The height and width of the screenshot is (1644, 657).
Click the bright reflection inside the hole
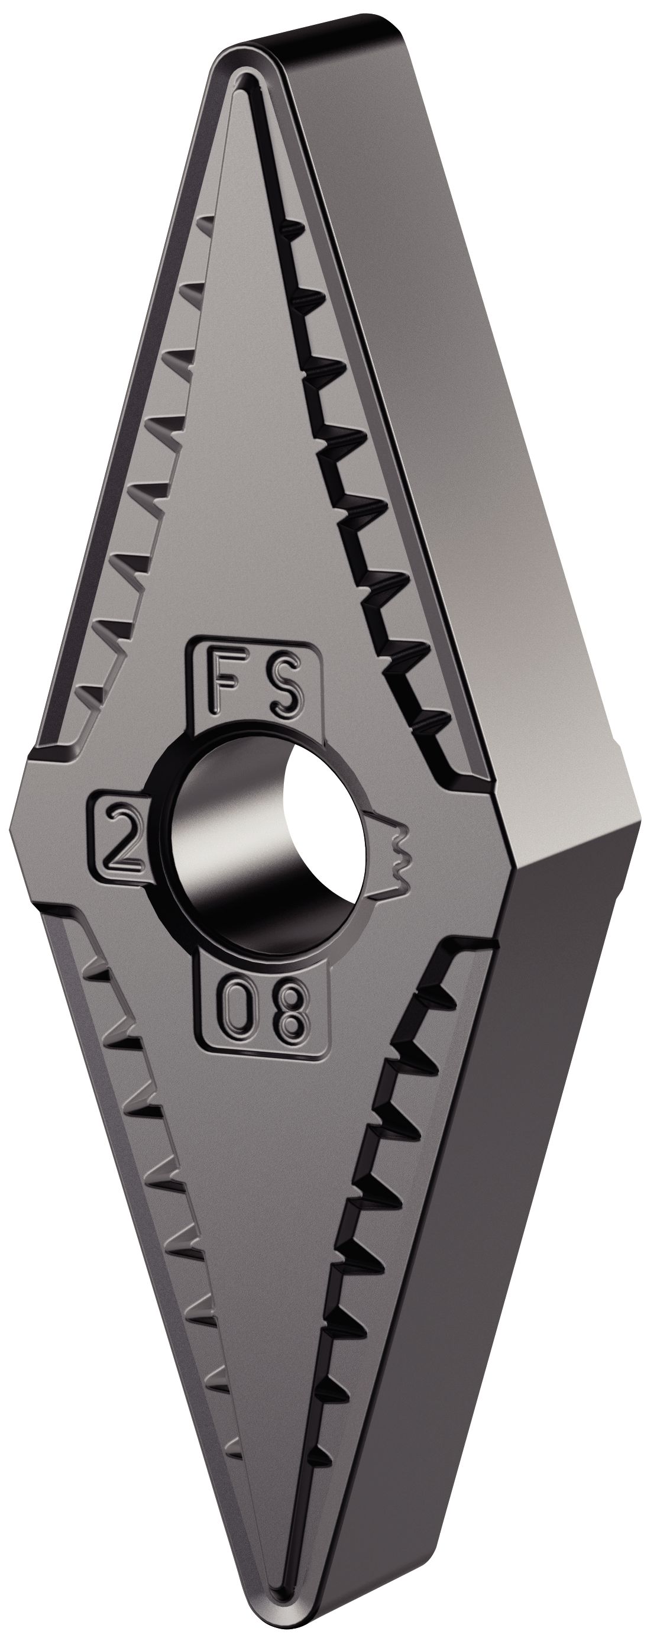tap(325, 829)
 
